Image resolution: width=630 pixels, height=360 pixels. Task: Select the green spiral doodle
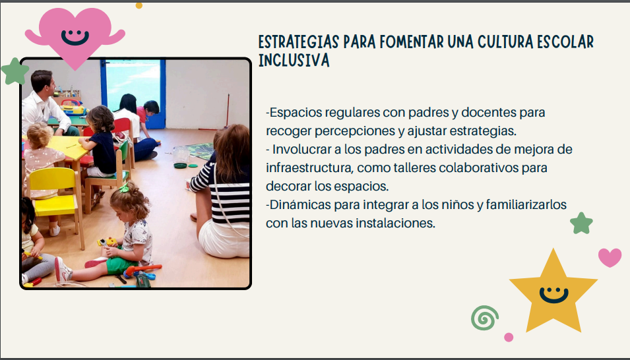(x=485, y=318)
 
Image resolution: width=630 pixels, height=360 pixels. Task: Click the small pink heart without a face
(x=610, y=258)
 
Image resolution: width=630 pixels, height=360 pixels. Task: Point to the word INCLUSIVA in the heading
(x=294, y=60)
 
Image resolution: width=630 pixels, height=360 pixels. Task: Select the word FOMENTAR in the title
(x=412, y=42)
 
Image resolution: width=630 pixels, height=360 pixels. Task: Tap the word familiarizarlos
(x=526, y=205)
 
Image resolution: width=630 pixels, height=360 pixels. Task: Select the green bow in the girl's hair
(x=124, y=188)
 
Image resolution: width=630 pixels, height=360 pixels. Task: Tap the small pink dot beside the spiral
(x=509, y=337)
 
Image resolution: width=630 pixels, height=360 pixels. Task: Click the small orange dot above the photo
(x=139, y=5)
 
